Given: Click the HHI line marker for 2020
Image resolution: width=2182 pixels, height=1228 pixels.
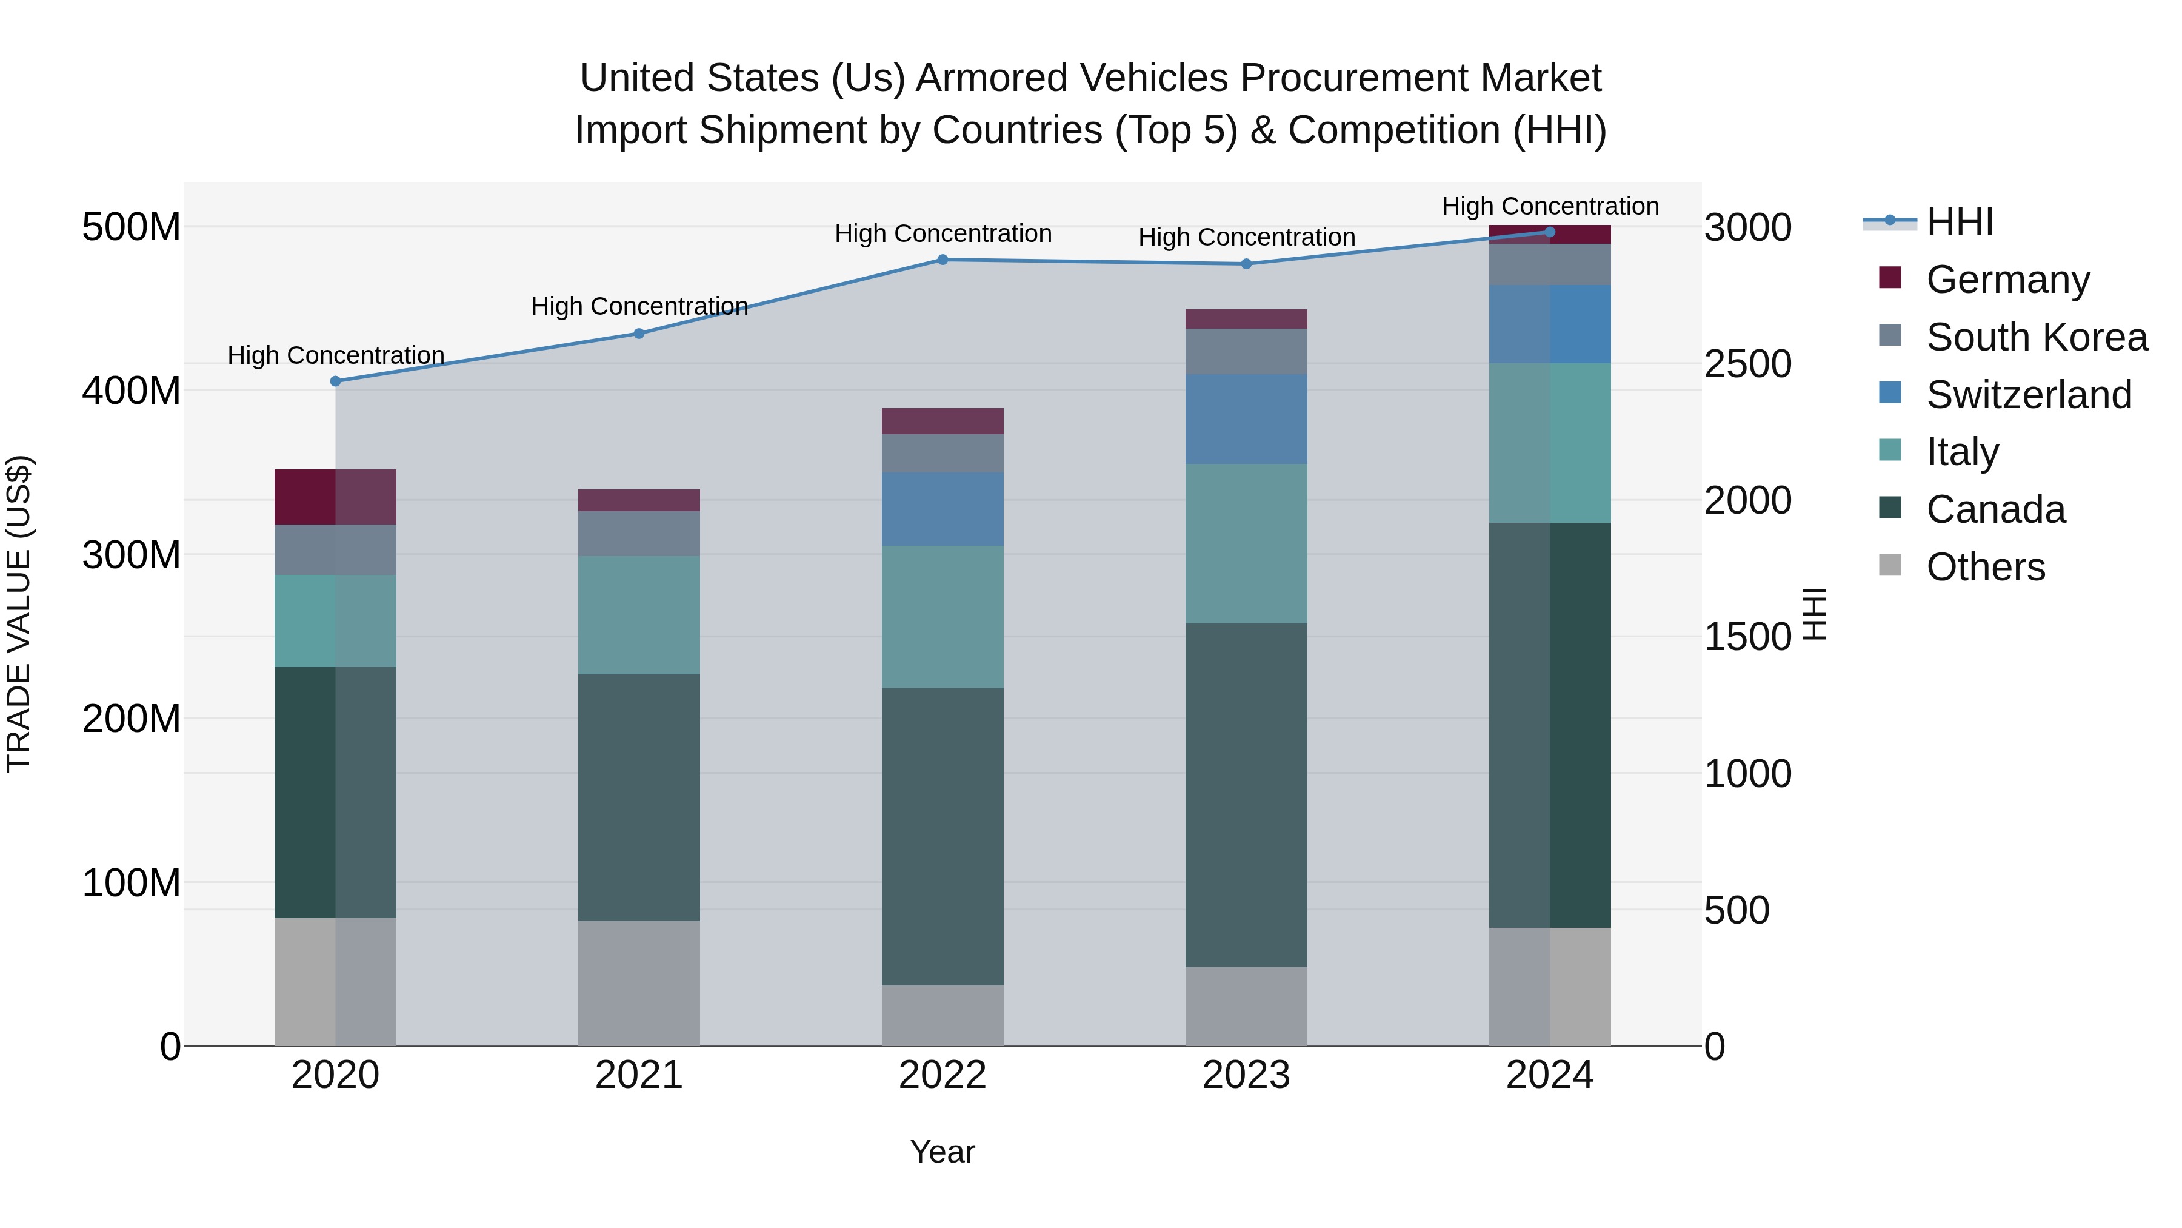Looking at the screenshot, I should click(x=335, y=381).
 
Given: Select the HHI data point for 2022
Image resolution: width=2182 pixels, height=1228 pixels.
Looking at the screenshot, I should click(x=943, y=260).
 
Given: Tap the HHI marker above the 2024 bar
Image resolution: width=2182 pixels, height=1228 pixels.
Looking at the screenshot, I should click(x=1550, y=232).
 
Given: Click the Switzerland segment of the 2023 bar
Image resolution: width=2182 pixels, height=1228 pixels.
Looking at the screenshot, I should click(x=1246, y=420).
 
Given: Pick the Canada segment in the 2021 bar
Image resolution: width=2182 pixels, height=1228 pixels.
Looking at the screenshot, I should click(x=639, y=797).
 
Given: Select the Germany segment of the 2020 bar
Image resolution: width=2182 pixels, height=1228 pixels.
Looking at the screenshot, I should click(x=335, y=497).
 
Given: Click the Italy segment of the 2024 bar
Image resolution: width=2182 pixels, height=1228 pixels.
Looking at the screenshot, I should click(x=1550, y=443).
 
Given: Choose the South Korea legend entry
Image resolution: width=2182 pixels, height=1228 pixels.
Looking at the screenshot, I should click(x=2037, y=337).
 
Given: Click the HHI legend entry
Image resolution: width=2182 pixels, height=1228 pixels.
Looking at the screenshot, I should click(x=1959, y=222).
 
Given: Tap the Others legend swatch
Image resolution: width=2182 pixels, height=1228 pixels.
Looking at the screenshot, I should click(x=1890, y=565).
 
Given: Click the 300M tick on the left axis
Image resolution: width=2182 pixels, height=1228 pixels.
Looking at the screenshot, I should click(x=132, y=555).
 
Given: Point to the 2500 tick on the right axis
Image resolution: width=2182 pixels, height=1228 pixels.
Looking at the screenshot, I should click(x=1747, y=364).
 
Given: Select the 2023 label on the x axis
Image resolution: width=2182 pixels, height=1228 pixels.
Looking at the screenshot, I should click(x=1246, y=1075).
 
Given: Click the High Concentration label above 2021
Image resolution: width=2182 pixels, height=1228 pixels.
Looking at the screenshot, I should click(x=639, y=306).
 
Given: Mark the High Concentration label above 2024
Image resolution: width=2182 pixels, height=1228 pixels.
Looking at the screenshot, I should click(x=1550, y=206).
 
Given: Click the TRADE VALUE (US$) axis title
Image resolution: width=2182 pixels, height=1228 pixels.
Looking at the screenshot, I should click(x=19, y=614).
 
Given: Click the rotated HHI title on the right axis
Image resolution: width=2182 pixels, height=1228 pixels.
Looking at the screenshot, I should click(x=1814, y=614).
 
